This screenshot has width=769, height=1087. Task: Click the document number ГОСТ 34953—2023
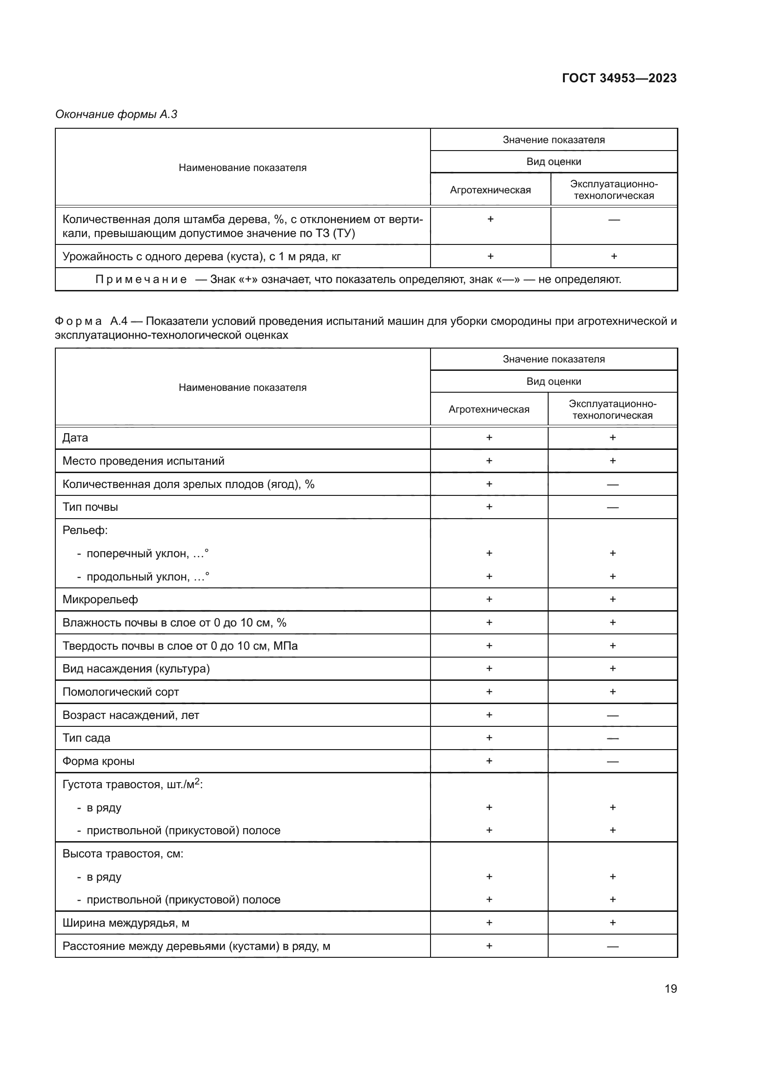[619, 78]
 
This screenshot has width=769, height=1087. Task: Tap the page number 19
[670, 988]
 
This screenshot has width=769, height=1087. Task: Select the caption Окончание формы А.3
[116, 114]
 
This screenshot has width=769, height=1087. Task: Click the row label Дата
[75, 438]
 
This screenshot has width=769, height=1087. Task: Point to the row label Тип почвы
[90, 507]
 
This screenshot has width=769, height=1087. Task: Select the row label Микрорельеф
[100, 600]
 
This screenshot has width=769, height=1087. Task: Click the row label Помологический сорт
[120, 692]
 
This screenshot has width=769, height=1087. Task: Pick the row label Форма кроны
[98, 761]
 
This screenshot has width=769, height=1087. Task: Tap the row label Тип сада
[86, 738]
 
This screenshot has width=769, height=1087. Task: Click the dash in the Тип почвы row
[612, 507]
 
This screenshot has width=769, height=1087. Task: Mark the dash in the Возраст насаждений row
[612, 715]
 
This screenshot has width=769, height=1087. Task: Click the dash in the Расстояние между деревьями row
[612, 946]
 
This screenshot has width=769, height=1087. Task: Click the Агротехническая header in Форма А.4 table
[489, 409]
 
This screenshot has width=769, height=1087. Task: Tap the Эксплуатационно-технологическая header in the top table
[614, 190]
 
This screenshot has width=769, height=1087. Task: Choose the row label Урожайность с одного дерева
[201, 257]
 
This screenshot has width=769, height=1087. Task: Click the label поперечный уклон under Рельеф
[147, 553]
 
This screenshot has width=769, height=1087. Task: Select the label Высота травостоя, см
[123, 854]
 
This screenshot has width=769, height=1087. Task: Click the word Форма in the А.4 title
[78, 322]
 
